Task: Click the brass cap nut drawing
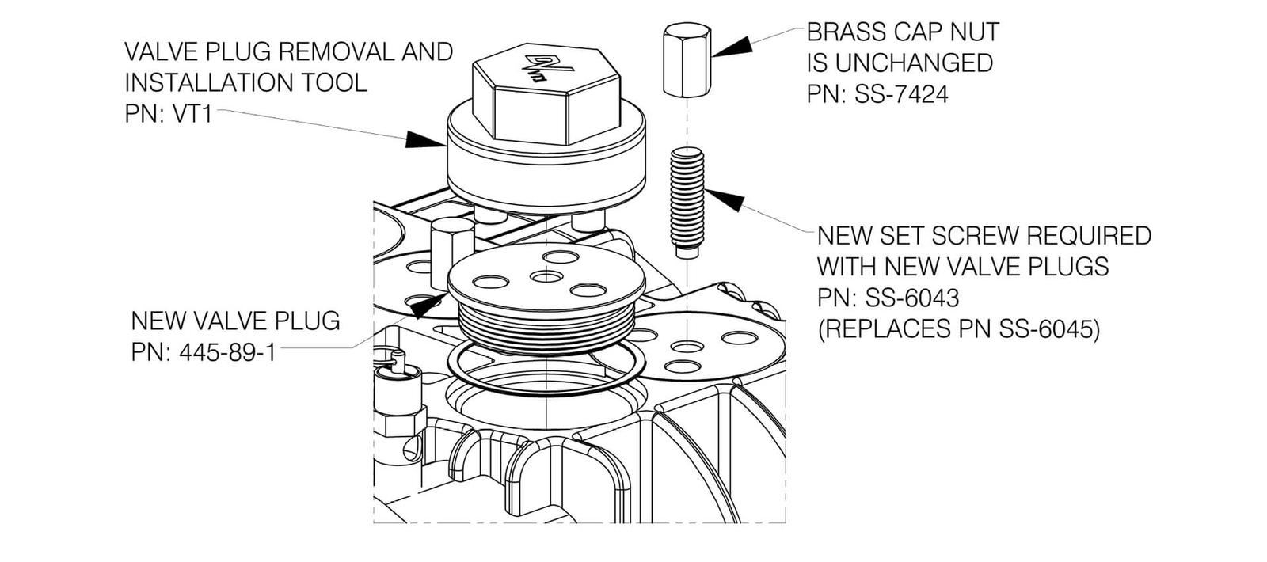click(x=686, y=59)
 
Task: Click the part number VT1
click(x=192, y=114)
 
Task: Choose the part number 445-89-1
click(x=227, y=352)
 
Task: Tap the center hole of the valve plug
click(x=546, y=276)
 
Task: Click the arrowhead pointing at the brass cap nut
click(x=730, y=45)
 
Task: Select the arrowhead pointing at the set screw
click(x=724, y=199)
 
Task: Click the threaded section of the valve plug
click(x=546, y=326)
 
